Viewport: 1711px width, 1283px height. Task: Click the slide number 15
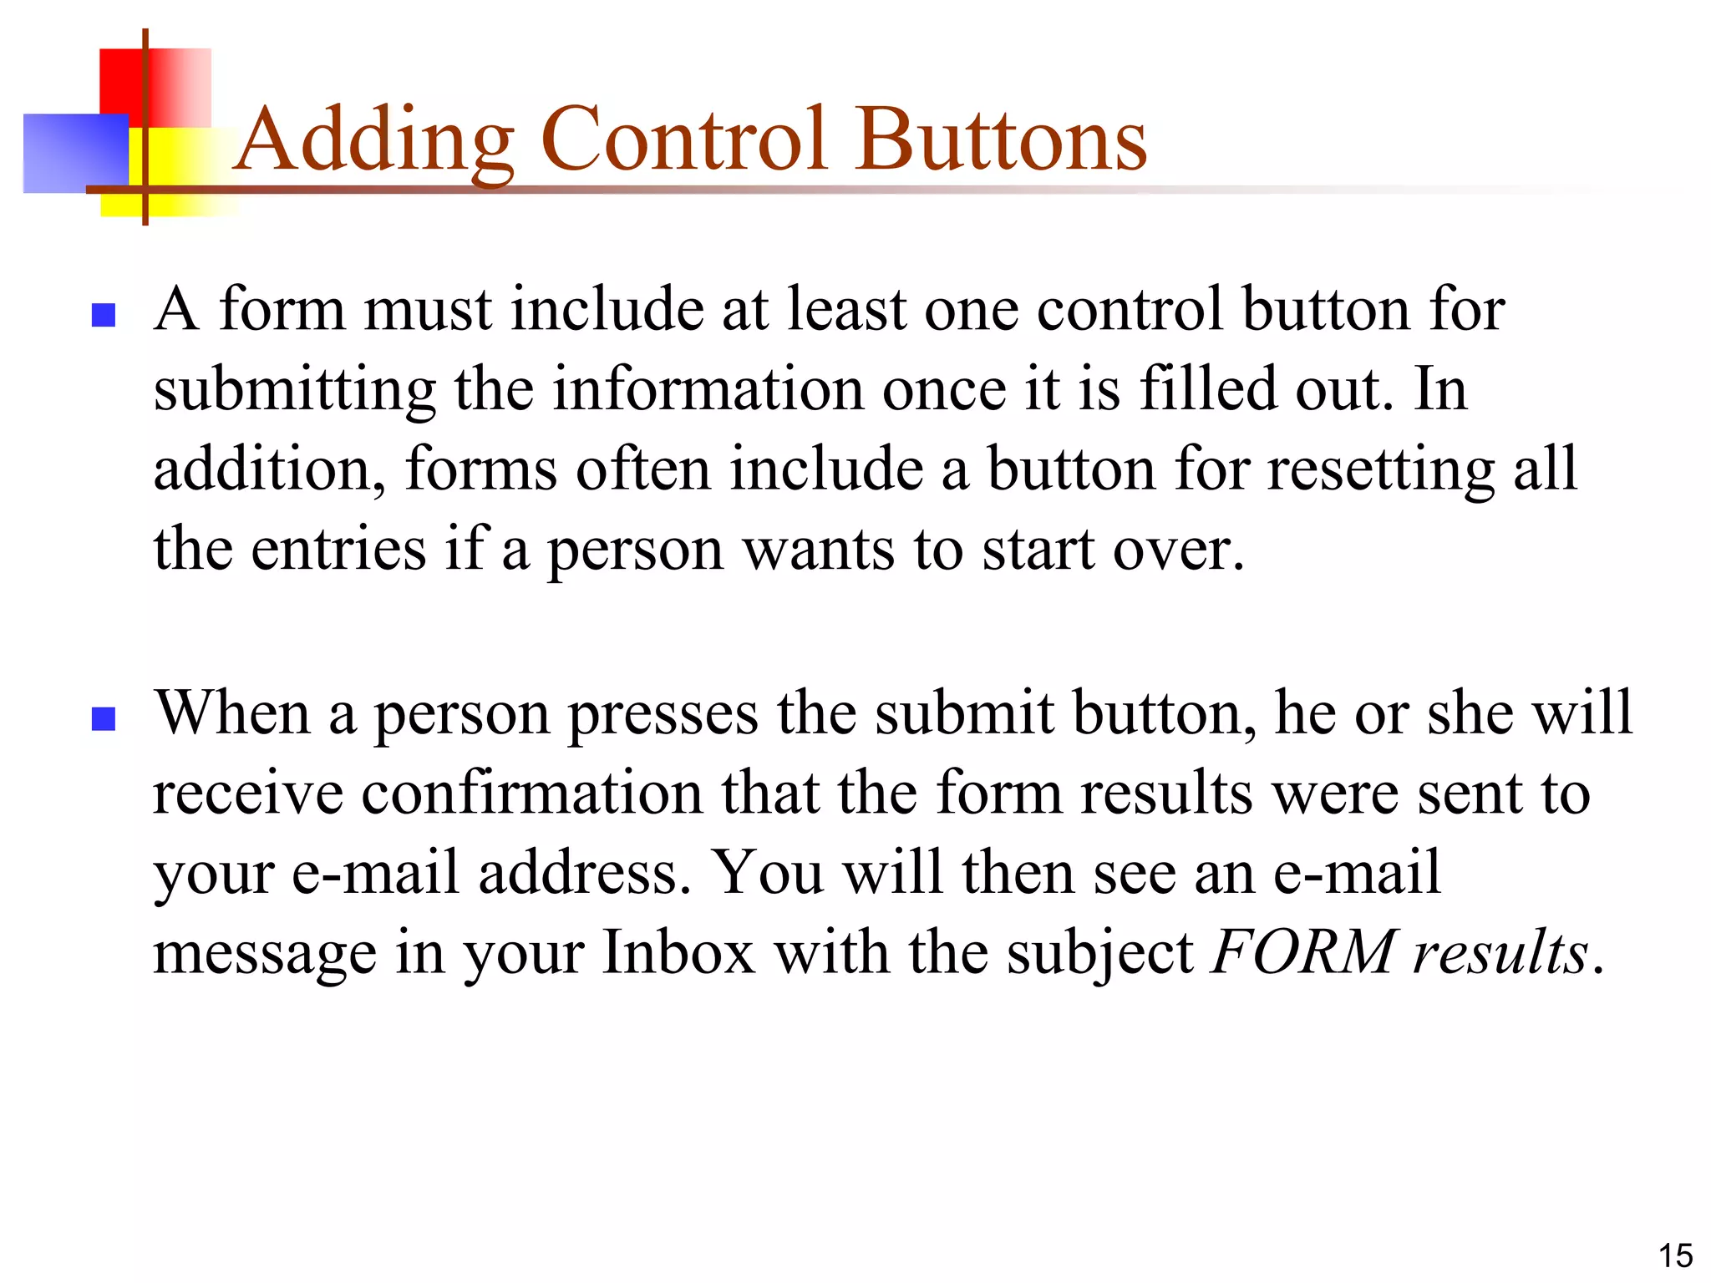(x=1674, y=1255)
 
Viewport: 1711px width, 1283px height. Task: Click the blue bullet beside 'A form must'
(x=103, y=315)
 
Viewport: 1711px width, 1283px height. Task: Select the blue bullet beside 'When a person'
(x=103, y=718)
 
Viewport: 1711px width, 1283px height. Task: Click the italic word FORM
(x=1302, y=952)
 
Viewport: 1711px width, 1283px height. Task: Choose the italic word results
(x=1500, y=952)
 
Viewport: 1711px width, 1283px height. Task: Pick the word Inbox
(x=678, y=952)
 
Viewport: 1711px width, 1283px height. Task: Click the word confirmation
(x=531, y=793)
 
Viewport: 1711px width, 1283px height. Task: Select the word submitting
(x=295, y=391)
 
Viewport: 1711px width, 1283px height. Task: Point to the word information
(x=708, y=389)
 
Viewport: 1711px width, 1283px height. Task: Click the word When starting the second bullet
(x=233, y=714)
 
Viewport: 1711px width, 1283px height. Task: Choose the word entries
(x=338, y=550)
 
